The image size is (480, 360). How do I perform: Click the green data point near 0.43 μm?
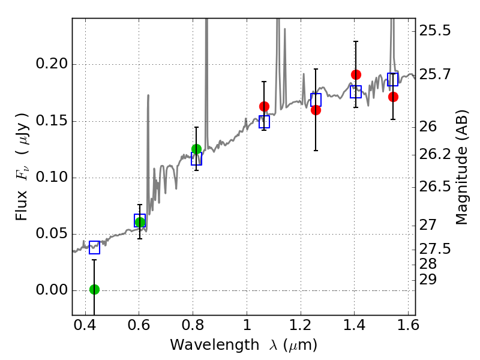(x=94, y=289)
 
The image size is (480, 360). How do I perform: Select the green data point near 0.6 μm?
(x=140, y=222)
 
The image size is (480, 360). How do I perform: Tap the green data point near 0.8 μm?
(x=196, y=149)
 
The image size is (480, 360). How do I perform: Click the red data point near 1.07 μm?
(x=264, y=106)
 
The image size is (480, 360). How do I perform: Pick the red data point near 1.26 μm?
(x=316, y=110)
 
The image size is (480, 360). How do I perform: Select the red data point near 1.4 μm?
(x=356, y=74)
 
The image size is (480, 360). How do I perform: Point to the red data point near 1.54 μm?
(x=393, y=97)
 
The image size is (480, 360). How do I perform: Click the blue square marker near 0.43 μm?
(x=94, y=247)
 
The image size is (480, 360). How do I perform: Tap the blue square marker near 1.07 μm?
(x=264, y=122)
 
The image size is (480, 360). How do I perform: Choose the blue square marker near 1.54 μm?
(x=393, y=79)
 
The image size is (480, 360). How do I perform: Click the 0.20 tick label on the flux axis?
(x=53, y=65)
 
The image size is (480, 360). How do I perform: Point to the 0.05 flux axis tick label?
(x=53, y=234)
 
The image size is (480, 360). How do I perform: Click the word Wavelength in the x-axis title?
(x=207, y=345)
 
